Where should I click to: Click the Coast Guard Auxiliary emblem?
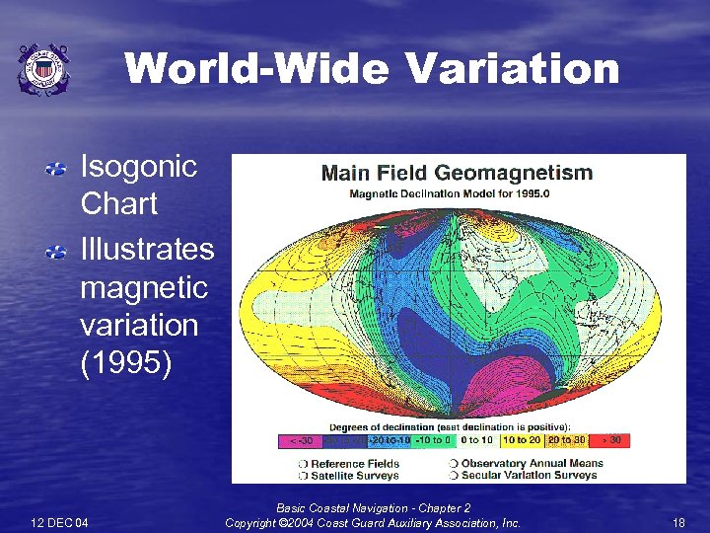click(x=43, y=69)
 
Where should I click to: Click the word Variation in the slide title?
click(x=513, y=70)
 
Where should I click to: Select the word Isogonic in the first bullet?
click(x=138, y=166)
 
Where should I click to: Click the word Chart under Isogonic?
click(x=118, y=204)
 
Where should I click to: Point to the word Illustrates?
click(x=146, y=248)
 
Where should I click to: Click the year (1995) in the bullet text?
click(x=125, y=363)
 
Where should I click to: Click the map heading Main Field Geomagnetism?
click(x=458, y=174)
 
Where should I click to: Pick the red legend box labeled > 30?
click(x=607, y=440)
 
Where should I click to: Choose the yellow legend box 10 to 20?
click(x=522, y=440)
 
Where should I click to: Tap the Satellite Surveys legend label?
click(x=355, y=475)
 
